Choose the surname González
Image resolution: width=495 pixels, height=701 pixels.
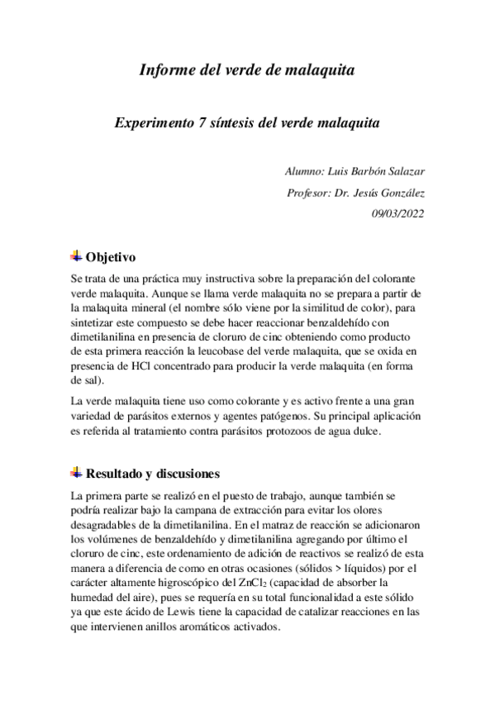397,193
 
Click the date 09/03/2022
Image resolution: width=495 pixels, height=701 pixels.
399,214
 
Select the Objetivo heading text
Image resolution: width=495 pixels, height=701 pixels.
112,256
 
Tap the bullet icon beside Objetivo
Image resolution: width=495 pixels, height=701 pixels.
76,255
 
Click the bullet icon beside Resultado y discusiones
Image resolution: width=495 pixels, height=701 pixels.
76,473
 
